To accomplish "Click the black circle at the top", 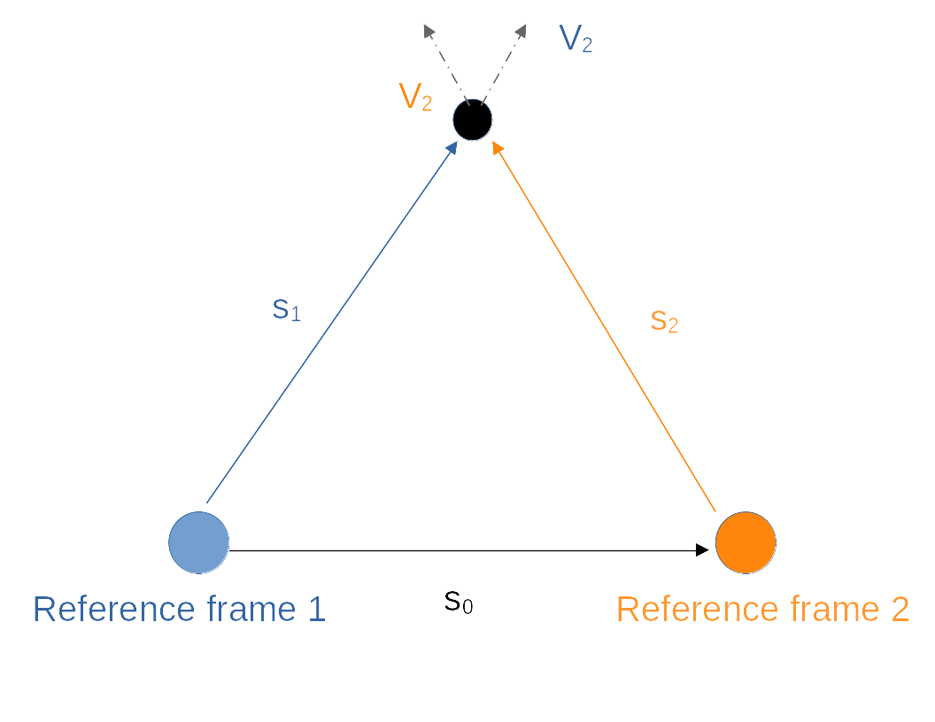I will point(472,119).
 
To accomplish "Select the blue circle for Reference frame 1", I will point(199,542).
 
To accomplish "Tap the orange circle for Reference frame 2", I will point(746,542).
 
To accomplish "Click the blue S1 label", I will point(286,309).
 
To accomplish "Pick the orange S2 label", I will point(664,320).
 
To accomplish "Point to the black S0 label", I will point(458,602).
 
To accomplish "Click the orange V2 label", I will point(415,96).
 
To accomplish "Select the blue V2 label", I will point(576,39).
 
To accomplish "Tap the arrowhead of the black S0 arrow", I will point(703,550).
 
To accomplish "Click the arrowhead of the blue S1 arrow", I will point(452,147).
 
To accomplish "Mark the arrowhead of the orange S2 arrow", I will point(497,148).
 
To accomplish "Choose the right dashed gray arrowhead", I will point(521,31).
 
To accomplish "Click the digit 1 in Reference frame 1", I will point(316,610).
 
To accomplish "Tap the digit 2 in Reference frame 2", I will point(899,610).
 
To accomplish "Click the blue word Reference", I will point(113,610).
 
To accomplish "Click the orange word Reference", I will point(697,610).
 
